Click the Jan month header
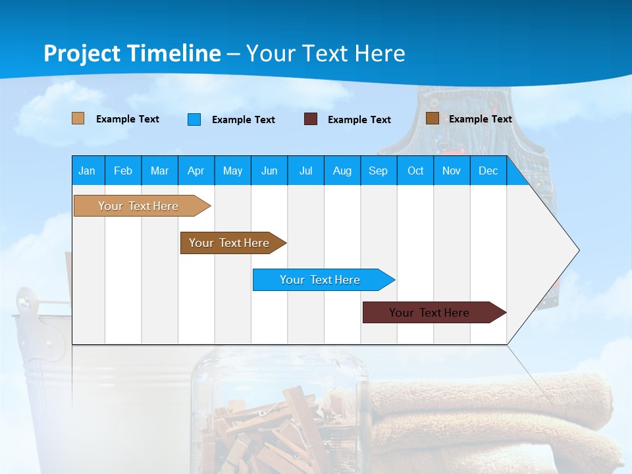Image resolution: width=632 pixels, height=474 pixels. tap(87, 171)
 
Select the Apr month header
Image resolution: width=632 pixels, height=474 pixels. tap(196, 171)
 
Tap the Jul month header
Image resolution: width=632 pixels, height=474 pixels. tap(305, 171)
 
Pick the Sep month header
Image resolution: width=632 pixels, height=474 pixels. tap(378, 171)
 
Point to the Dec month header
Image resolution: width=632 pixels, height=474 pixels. tap(488, 171)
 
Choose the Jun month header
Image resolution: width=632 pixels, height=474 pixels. tap(269, 171)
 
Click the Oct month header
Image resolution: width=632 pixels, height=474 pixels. tap(415, 171)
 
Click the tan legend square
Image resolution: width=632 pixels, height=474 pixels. tap(78, 118)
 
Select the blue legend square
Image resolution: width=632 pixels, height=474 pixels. tap(194, 119)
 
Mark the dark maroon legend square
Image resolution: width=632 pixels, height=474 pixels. tap(310, 119)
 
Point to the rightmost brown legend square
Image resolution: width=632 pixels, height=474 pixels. tap(432, 118)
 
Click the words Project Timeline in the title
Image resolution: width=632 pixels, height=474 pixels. tap(132, 53)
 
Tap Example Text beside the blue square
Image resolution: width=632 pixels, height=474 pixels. tap(243, 120)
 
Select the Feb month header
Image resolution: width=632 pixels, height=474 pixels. tap(123, 171)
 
